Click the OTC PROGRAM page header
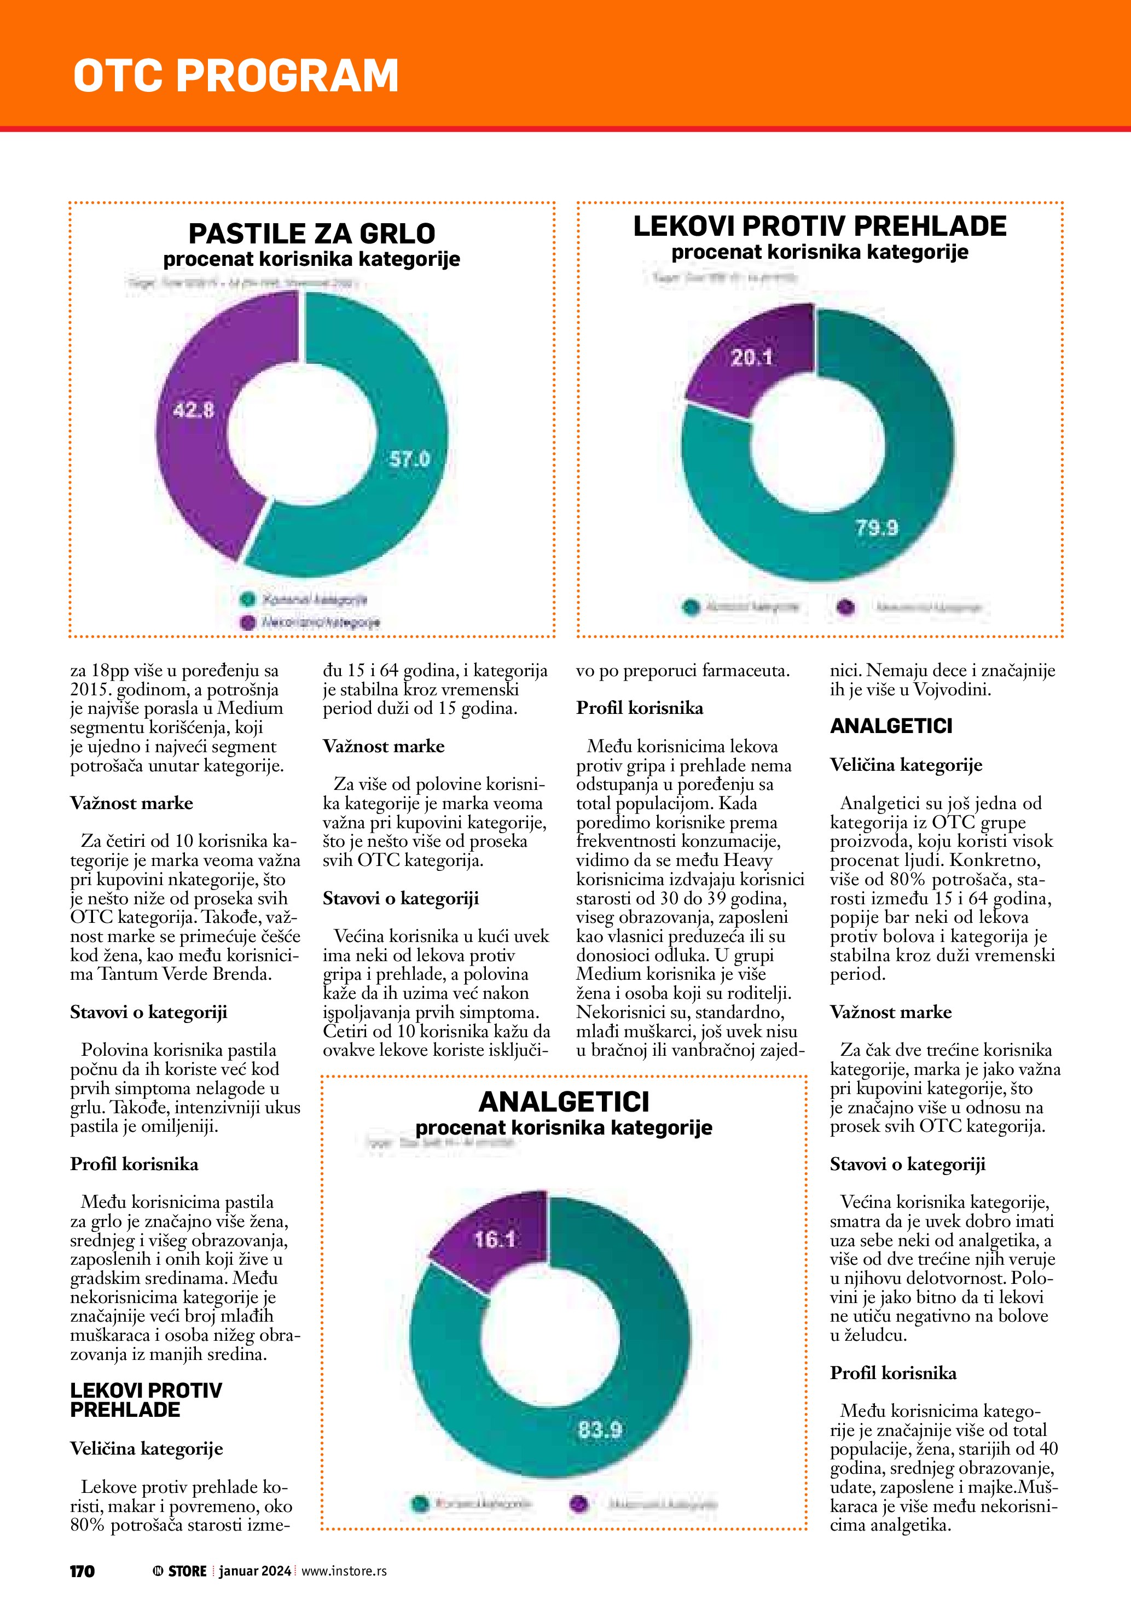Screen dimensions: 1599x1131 (236, 75)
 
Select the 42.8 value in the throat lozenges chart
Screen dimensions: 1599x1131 (194, 410)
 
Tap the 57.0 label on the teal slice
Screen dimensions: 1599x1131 (409, 459)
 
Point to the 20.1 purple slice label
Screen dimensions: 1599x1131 (751, 358)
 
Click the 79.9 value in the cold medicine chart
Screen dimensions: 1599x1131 (877, 527)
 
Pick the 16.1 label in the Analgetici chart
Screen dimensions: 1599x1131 (495, 1239)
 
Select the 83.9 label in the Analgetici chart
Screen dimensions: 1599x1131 (600, 1430)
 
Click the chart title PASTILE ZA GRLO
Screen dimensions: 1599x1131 (312, 233)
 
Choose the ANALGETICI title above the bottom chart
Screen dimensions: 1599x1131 (564, 1102)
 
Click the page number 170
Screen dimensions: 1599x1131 (82, 1571)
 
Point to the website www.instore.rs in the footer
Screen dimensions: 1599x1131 (344, 1571)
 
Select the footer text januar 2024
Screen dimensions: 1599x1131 (255, 1571)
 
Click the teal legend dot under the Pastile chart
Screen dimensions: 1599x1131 (247, 599)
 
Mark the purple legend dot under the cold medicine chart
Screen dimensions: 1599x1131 (845, 607)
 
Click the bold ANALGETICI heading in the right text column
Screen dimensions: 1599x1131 (891, 726)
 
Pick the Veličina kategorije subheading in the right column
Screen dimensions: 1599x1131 (906, 765)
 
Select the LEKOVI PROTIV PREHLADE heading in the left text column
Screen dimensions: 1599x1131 (146, 1400)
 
